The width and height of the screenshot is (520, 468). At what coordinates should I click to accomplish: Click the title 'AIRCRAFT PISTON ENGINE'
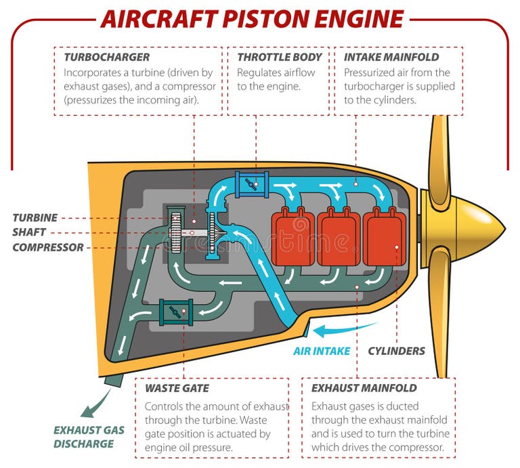pos(251,18)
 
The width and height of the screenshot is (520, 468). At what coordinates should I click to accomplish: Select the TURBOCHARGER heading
pos(106,57)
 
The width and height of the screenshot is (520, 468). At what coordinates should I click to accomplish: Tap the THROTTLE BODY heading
pos(279,57)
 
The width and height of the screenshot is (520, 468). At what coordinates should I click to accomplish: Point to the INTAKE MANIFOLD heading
pos(391,57)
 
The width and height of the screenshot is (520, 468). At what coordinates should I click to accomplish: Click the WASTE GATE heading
pos(177,388)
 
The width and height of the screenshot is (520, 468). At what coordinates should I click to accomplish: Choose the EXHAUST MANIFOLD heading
pos(364,388)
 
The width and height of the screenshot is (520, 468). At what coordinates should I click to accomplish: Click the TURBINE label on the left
pos(35,218)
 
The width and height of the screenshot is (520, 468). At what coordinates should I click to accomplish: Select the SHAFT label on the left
pos(29,232)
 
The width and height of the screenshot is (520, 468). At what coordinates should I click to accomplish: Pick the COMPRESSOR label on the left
pos(48,247)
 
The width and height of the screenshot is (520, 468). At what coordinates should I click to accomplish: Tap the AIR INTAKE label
pos(322,351)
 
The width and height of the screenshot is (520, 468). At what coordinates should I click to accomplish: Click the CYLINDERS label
pos(396,351)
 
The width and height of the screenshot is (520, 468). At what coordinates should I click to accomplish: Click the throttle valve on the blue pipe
pos(252,183)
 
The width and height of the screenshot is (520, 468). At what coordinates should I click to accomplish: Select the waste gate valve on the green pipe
pos(175,312)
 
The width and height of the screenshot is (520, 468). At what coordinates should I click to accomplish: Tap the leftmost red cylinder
pos(292,237)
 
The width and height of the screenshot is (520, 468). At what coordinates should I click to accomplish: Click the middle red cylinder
pos(339,237)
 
